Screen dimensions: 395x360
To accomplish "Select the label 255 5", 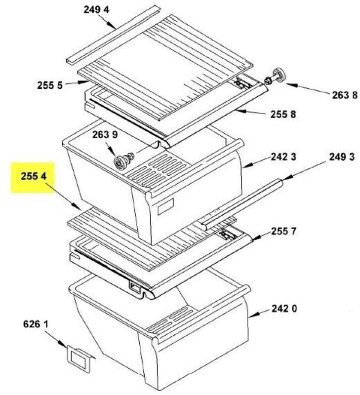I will point(49,85).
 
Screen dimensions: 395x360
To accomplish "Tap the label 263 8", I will point(344,95).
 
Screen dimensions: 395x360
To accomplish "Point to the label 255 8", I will point(283,115).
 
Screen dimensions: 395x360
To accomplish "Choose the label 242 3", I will point(283,158).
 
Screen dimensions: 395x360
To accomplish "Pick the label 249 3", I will point(342,158).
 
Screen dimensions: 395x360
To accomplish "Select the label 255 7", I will point(283,231).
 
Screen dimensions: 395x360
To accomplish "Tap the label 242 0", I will point(284,310).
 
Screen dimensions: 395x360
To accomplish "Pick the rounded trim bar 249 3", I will point(242,202).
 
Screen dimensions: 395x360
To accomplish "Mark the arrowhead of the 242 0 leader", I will point(251,315).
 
